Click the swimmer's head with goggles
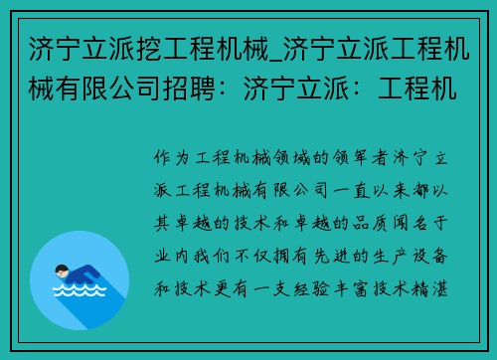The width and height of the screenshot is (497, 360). point(62,272)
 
